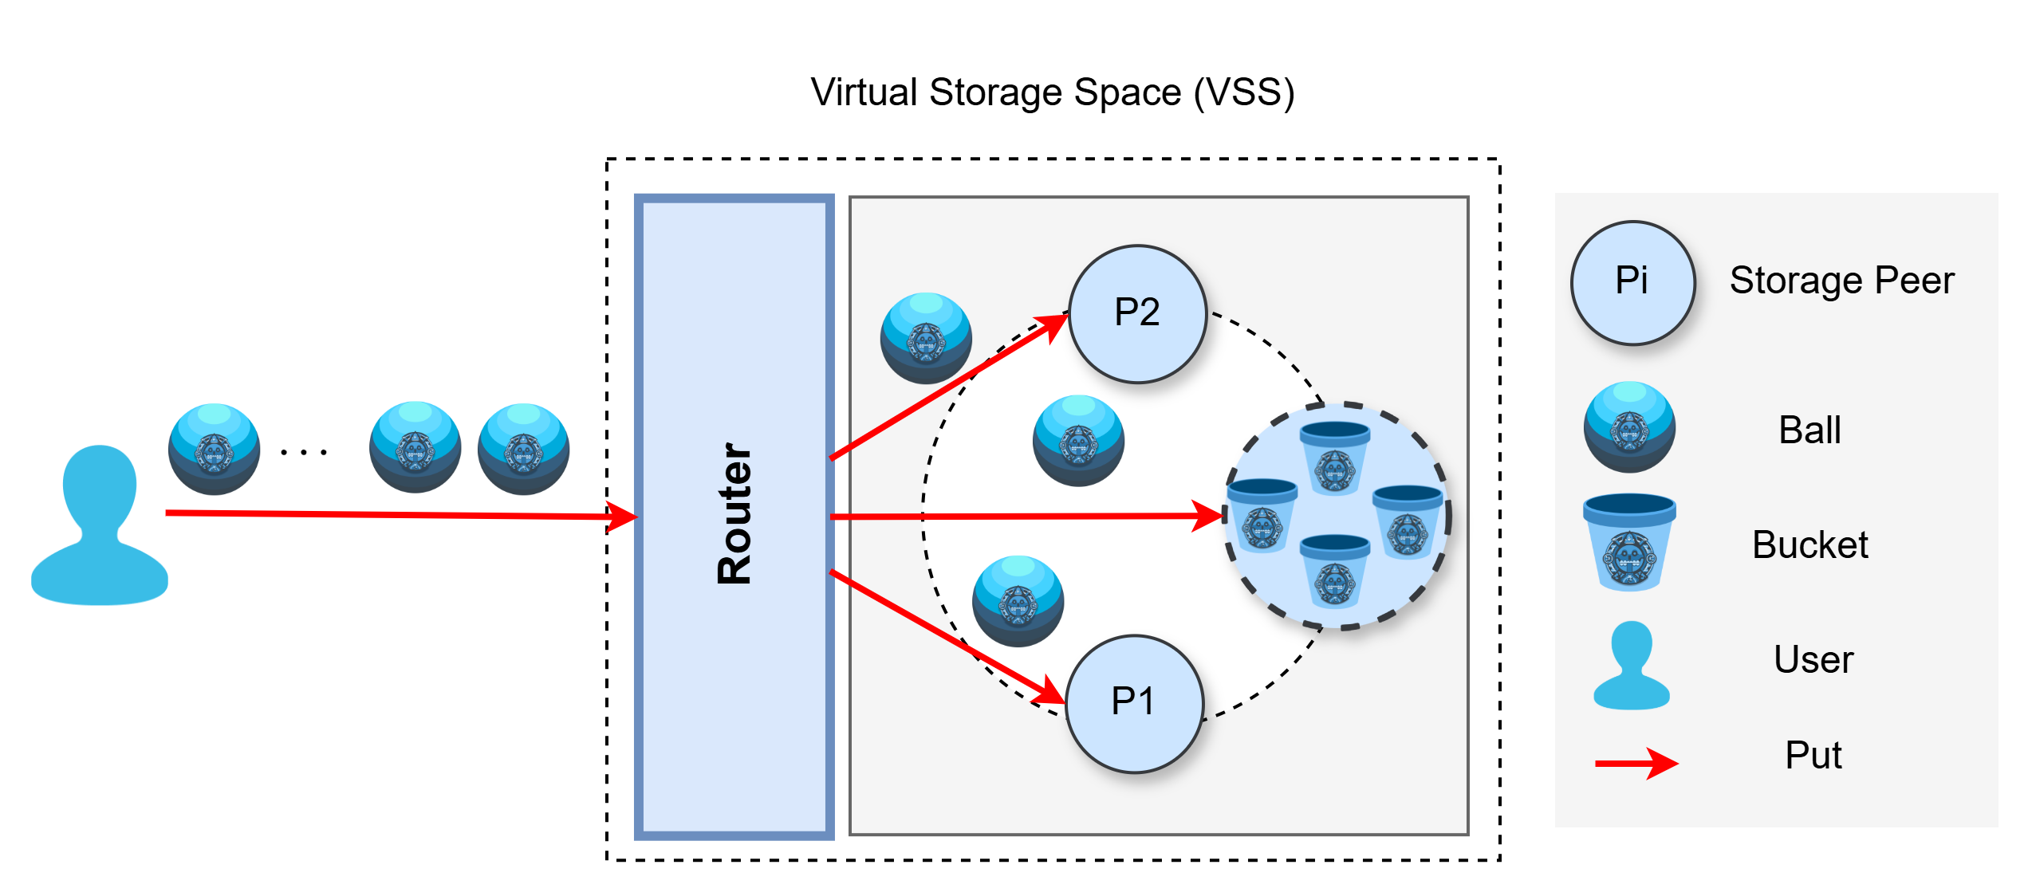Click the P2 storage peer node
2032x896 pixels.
point(1137,313)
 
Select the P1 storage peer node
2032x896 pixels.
point(1134,703)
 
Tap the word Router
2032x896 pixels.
point(734,514)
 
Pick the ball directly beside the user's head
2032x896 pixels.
point(214,449)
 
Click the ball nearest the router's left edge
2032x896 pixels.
point(523,449)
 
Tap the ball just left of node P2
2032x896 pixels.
point(926,338)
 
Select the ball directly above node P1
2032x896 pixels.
point(1018,601)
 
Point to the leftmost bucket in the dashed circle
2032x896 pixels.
point(1262,515)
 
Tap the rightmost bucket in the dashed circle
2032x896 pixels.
point(1408,522)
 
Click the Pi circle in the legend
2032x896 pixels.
point(1632,282)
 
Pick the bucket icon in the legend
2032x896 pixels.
point(1629,542)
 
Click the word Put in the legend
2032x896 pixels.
point(1813,755)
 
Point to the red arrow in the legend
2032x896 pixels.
point(1636,763)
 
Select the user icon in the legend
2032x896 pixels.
point(1631,666)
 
